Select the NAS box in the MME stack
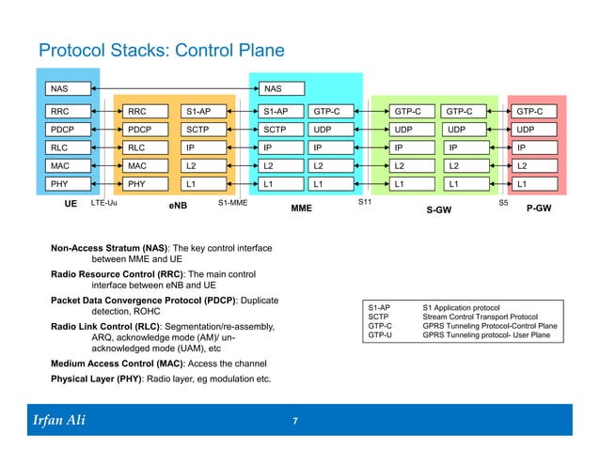[x=282, y=89]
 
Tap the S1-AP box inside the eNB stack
[x=204, y=112]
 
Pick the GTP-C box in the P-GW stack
[x=533, y=112]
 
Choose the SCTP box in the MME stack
[x=282, y=130]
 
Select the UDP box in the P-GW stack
[x=533, y=130]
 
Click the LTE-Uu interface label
[x=104, y=202]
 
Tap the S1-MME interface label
[x=232, y=202]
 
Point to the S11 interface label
[x=366, y=202]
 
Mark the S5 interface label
[x=501, y=202]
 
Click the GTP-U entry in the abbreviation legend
[x=380, y=334]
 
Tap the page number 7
[x=295, y=420]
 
